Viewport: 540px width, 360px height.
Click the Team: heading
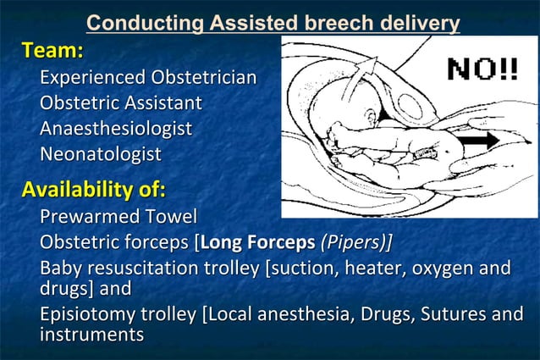point(52,51)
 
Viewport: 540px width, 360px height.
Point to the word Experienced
point(93,78)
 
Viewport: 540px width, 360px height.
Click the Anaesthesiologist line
point(115,129)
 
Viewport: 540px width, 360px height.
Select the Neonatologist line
point(100,154)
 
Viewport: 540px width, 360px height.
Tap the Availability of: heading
point(93,187)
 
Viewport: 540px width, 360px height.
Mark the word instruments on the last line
point(91,335)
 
